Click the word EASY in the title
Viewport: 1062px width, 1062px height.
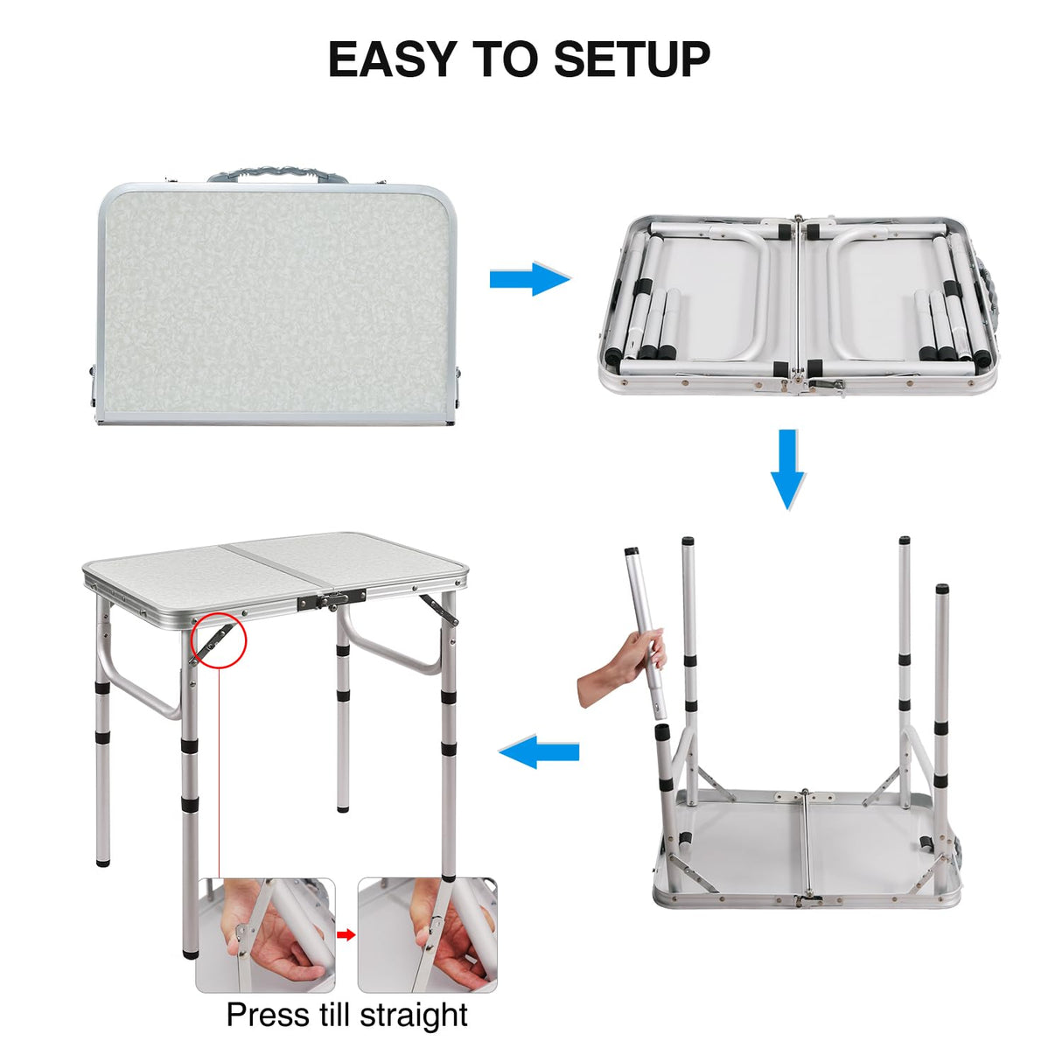tap(392, 59)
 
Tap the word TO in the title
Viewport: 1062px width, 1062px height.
tap(505, 59)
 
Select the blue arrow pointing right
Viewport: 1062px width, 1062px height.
tap(529, 279)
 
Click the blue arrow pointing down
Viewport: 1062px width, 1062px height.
tap(787, 468)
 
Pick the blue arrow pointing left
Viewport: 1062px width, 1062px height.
tap(539, 751)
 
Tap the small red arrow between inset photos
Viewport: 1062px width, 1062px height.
tap(346, 935)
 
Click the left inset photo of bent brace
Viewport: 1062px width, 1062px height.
tap(265, 935)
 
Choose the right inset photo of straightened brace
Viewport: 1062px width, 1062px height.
tap(427, 935)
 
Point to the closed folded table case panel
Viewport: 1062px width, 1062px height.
tap(276, 303)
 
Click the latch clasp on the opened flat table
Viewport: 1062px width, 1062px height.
tap(823, 382)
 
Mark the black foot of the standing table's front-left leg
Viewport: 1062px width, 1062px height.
tap(189, 950)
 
